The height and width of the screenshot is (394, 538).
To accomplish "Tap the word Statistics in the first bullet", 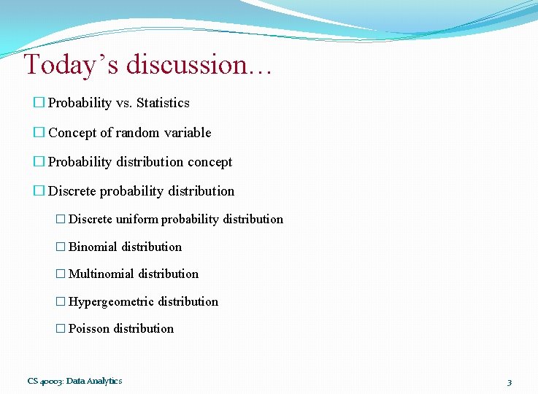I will (163, 103).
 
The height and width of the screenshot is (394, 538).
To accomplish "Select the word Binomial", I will (93, 247).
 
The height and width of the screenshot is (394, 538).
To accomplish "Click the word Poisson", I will (89, 328).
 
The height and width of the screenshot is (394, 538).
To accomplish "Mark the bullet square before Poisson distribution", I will (61, 329).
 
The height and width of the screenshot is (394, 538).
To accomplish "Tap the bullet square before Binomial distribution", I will (61, 247).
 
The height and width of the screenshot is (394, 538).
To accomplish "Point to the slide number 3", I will (509, 382).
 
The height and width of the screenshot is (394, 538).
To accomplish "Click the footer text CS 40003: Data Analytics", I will (74, 381).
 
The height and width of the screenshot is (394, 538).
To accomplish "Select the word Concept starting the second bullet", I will (72, 133).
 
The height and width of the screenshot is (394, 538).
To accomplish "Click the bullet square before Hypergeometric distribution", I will (61, 302).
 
